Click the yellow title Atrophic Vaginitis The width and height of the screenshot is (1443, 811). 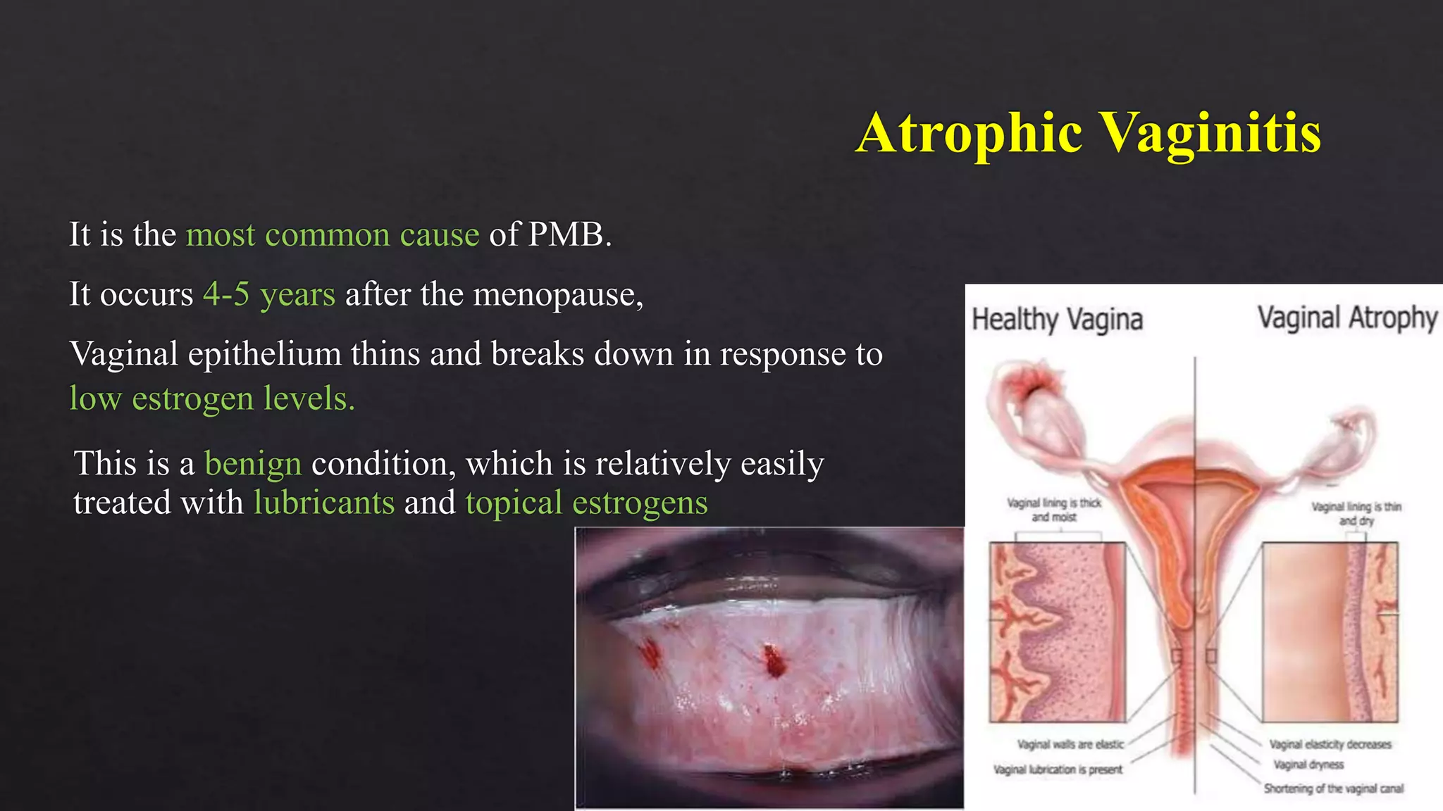(x=1088, y=133)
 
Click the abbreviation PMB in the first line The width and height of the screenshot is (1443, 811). (x=566, y=234)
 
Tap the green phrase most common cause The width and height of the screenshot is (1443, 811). (x=333, y=234)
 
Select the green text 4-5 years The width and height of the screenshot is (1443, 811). (x=269, y=294)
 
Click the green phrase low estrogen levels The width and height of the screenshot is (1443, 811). (x=211, y=398)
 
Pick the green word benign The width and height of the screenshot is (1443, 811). (x=253, y=464)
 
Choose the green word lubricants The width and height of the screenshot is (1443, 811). (x=324, y=503)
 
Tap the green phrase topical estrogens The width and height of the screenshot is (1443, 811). (x=586, y=503)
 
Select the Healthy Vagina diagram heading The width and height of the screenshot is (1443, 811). (x=1057, y=320)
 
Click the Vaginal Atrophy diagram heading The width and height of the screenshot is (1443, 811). (x=1347, y=318)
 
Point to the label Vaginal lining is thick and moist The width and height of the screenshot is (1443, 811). (x=1054, y=510)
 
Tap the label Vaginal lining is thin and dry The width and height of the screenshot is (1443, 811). (x=1356, y=513)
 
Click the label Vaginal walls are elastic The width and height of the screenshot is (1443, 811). (x=1070, y=744)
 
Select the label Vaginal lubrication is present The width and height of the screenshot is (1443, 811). (x=1058, y=769)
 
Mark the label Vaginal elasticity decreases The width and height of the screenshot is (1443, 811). (x=1330, y=744)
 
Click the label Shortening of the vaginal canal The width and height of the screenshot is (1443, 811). (x=1333, y=788)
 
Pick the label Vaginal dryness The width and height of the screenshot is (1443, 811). (x=1308, y=765)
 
